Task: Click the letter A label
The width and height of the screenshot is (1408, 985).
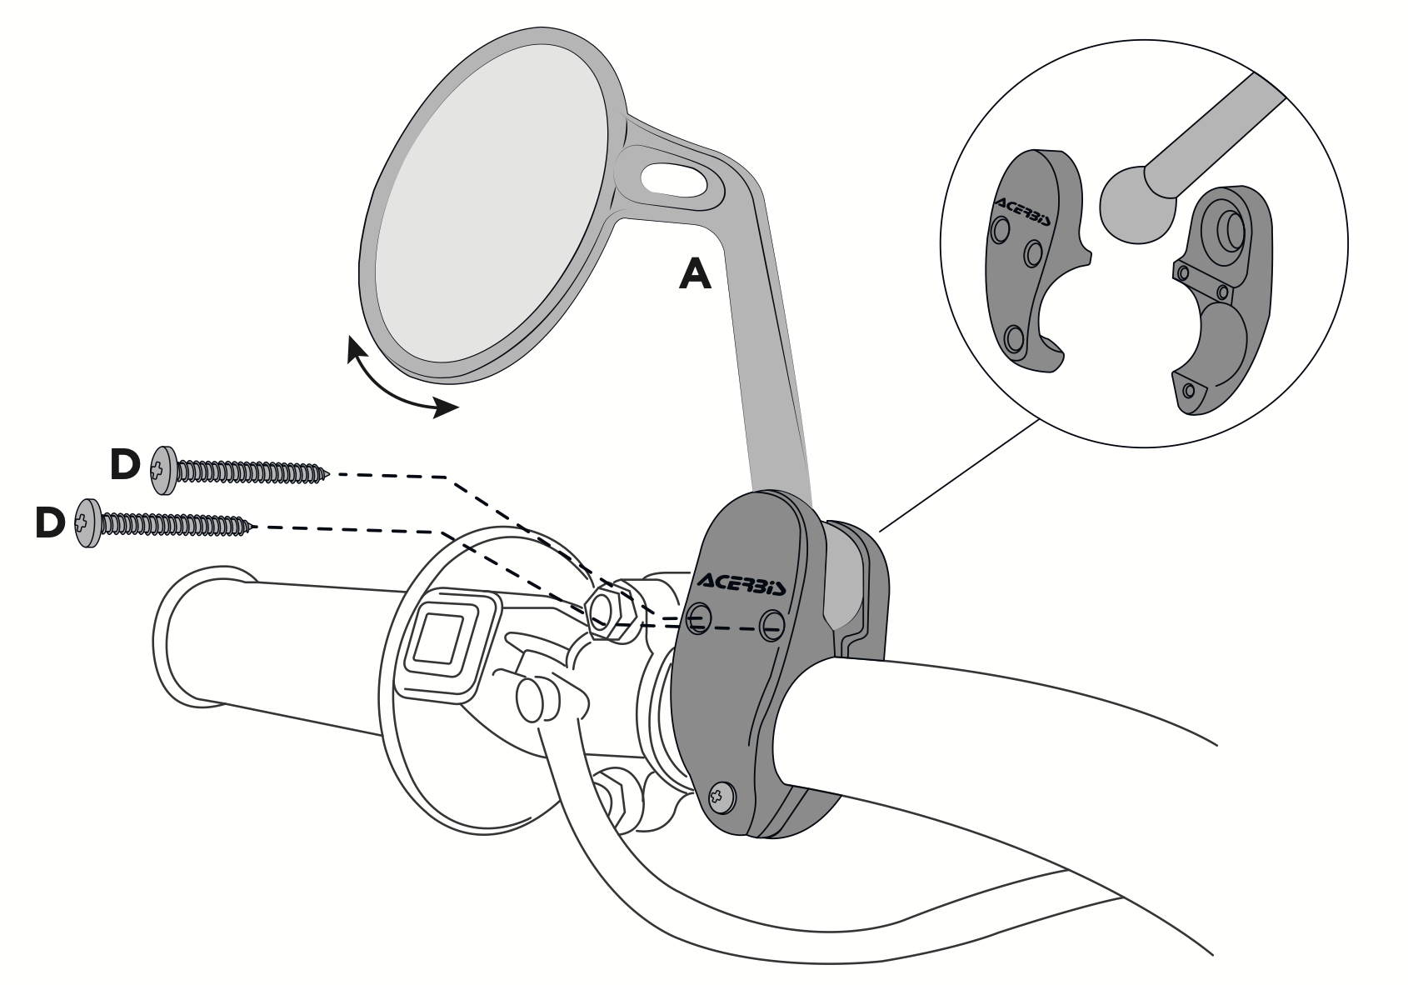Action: pos(695,275)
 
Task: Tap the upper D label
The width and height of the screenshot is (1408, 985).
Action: pos(125,465)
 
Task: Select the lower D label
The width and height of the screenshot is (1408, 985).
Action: pos(50,523)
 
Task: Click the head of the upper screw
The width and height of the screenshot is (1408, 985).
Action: pos(163,470)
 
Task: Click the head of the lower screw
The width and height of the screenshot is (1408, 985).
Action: pos(88,523)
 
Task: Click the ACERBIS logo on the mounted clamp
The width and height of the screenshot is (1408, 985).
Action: pos(741,583)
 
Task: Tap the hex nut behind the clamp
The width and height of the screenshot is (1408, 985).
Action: pos(610,611)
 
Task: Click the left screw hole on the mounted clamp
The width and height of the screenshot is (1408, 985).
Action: pos(698,617)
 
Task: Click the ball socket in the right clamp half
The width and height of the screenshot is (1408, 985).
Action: pos(1226,230)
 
